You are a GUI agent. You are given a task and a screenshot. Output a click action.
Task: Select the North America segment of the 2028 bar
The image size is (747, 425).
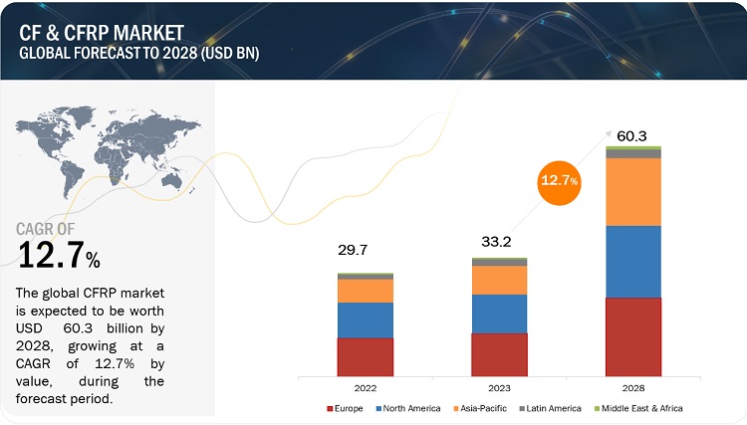coord(633,261)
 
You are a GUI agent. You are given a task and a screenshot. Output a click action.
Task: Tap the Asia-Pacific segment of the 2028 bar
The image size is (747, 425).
coord(633,191)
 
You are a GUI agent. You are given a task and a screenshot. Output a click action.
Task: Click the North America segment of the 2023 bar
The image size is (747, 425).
coord(499,314)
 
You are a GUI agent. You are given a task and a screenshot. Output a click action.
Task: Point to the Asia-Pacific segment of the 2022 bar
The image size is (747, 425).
coord(365,291)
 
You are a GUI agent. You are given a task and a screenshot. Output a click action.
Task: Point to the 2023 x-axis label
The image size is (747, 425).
coord(499,386)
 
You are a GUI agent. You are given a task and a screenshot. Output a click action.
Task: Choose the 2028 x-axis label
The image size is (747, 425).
coord(633,386)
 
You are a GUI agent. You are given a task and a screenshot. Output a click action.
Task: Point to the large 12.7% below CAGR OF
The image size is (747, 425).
coord(60,257)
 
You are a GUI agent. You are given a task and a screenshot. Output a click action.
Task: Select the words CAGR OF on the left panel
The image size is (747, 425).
coord(55,230)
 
